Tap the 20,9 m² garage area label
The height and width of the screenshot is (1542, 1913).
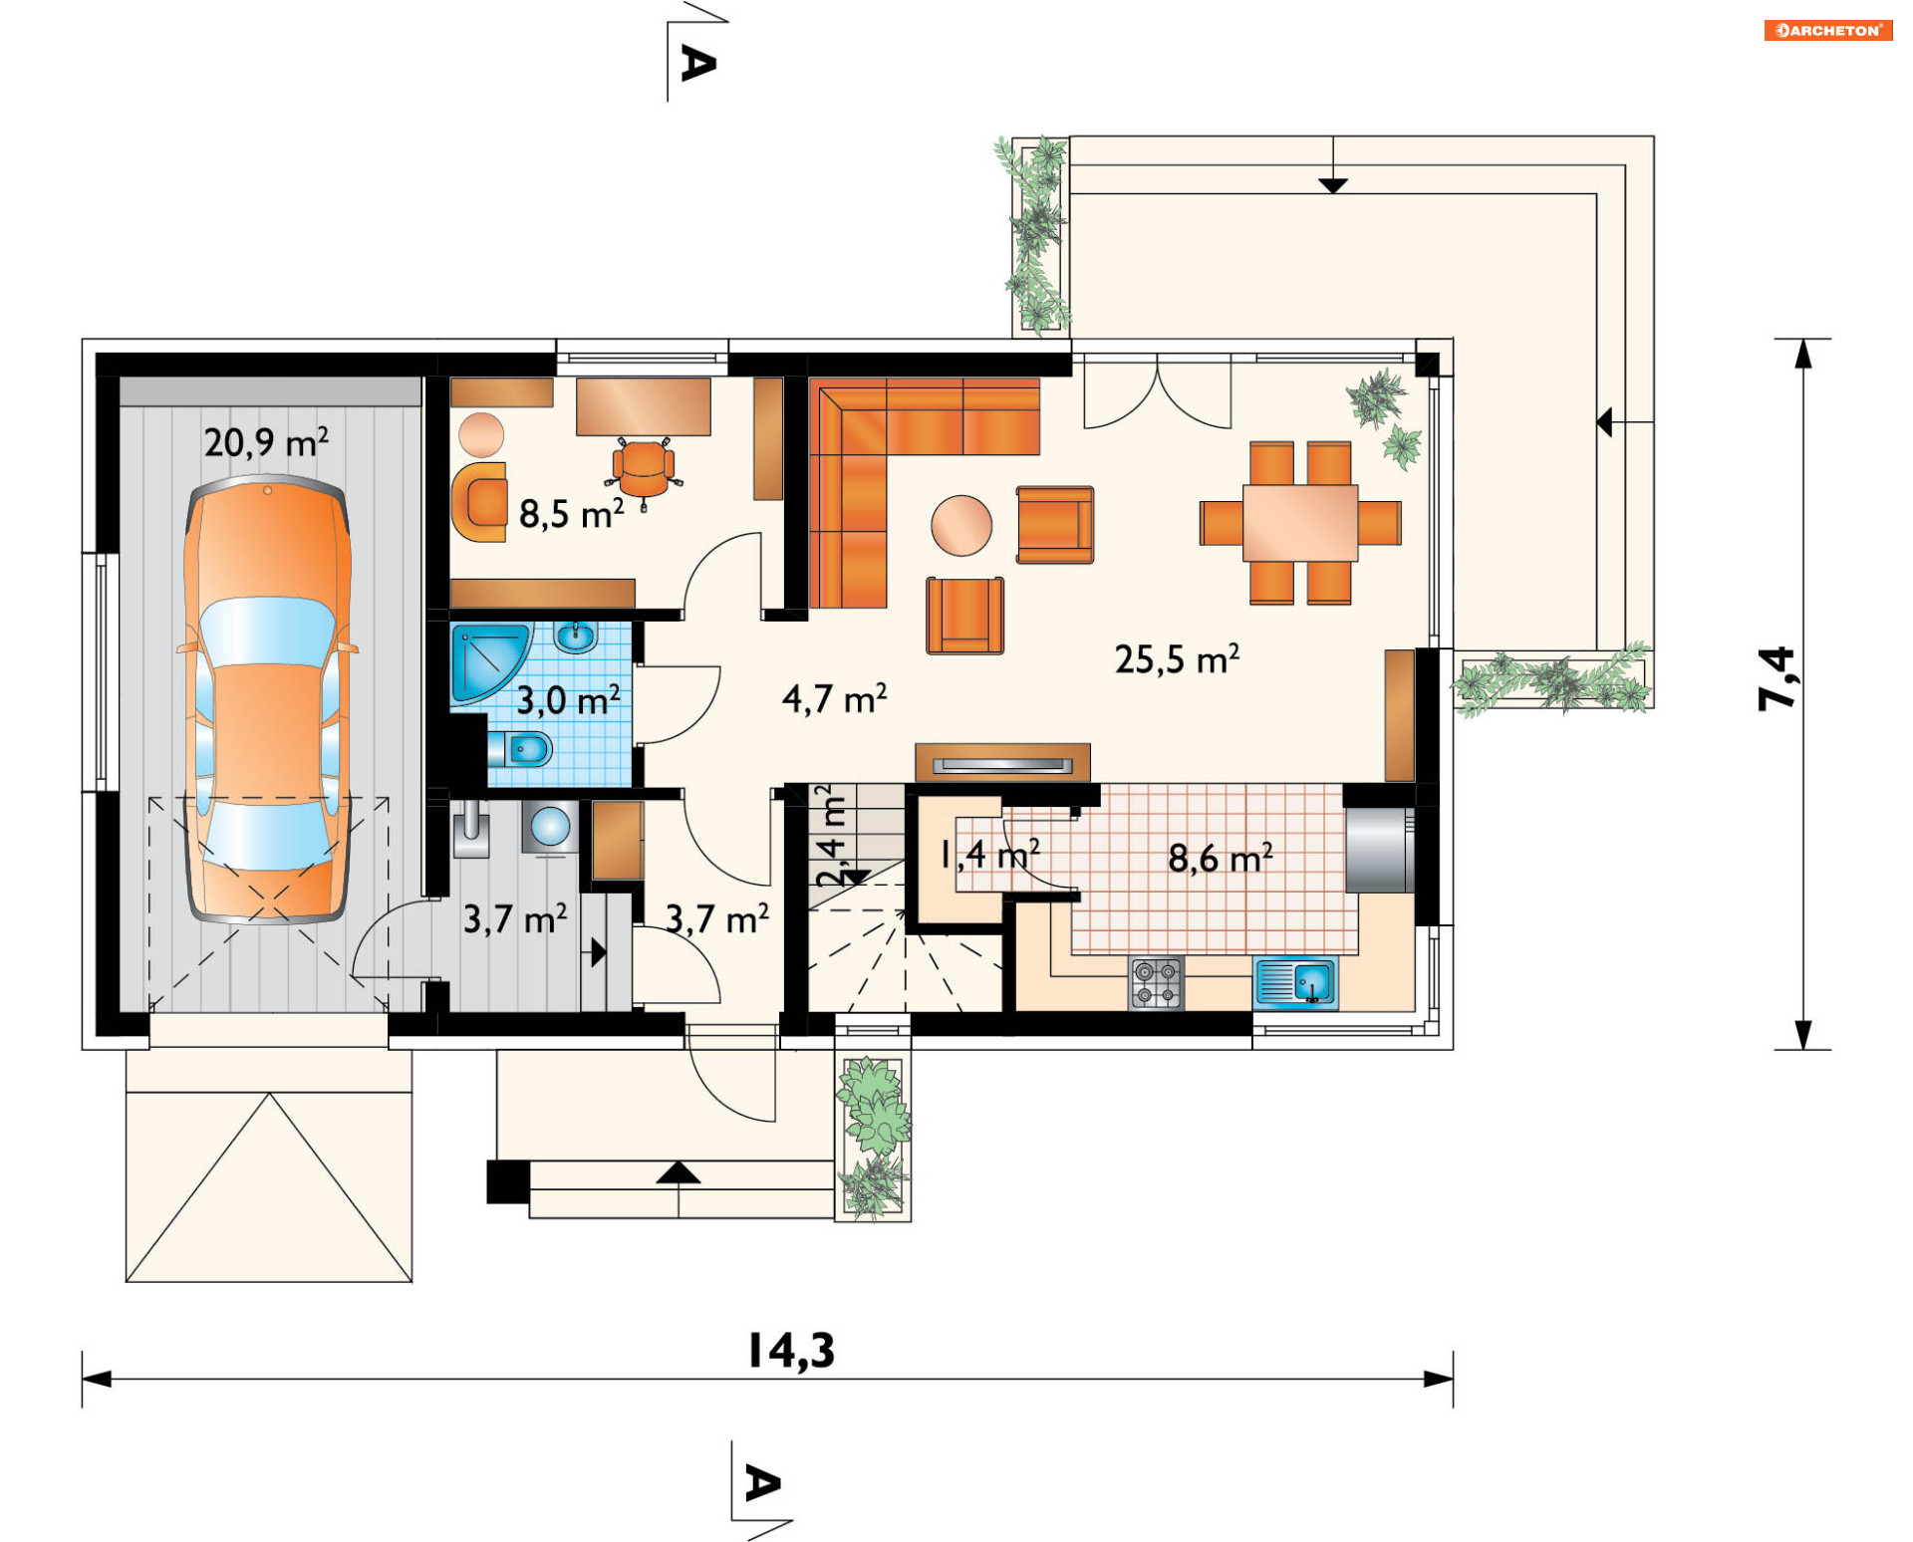(266, 442)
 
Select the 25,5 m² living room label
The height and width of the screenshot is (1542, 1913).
(1177, 658)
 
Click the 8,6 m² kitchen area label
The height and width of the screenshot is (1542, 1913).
(1220, 858)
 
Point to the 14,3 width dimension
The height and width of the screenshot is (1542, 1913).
(791, 1351)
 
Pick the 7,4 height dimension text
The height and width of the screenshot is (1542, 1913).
(1776, 678)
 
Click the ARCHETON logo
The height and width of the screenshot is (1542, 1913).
(1828, 30)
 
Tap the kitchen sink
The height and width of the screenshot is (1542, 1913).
(1295, 982)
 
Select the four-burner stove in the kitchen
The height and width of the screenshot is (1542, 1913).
(1156, 982)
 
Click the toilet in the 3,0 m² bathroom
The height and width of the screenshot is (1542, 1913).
(521, 748)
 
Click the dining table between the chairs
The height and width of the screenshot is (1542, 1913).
(1300, 522)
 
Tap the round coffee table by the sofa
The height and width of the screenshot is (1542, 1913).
(961, 525)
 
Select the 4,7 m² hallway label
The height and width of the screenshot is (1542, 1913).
(834, 699)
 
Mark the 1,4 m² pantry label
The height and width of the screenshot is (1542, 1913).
(990, 854)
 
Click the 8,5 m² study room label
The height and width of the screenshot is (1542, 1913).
(571, 514)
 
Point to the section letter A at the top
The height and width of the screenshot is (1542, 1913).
(697, 63)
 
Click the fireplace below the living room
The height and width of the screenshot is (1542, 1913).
(1002, 763)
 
